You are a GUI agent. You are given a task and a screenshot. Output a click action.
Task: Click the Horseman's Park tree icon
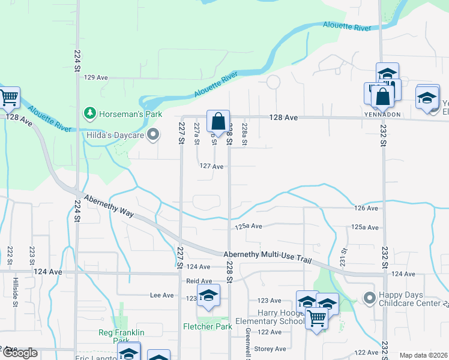89,113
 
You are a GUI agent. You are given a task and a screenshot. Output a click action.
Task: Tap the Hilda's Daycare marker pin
153,134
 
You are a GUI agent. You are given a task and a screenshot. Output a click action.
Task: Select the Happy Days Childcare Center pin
369,296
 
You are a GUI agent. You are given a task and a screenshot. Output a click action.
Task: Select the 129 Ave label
95,77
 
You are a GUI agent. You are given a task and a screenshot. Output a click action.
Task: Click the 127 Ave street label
211,166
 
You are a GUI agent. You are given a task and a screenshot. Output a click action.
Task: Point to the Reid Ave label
199,281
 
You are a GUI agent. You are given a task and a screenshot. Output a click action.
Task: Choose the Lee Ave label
161,295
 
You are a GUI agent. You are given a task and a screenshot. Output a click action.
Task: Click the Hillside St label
16,290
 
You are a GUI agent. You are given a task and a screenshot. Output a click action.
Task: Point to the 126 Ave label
366,208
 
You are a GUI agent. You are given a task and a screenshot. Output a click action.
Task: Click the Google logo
19,353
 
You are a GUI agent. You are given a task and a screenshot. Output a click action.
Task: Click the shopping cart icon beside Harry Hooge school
316,318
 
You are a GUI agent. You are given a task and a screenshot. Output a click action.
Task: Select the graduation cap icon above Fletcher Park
208,295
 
